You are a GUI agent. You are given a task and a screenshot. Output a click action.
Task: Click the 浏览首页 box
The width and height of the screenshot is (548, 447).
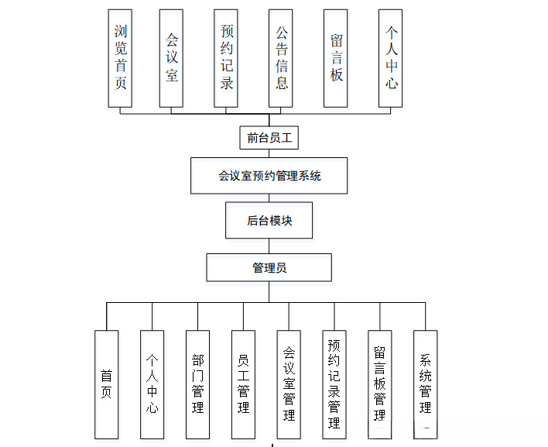coord(121,58)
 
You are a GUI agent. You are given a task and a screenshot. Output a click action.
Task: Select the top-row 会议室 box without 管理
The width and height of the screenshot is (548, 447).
coord(171,58)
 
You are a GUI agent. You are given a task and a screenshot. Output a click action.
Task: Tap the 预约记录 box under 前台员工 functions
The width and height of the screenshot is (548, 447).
coord(227,58)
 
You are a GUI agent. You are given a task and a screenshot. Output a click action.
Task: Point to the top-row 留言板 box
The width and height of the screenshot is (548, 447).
coord(336,58)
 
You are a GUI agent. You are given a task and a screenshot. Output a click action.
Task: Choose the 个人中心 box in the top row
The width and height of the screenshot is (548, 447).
coord(391,58)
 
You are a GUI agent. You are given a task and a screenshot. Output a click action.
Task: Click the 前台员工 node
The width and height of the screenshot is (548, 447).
coord(268,138)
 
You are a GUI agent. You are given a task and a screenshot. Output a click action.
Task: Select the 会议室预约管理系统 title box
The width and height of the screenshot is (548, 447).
coord(269,176)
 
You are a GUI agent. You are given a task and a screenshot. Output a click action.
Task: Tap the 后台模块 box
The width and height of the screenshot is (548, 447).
coord(269,221)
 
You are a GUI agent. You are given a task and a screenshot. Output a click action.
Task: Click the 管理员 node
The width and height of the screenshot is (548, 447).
coord(269,267)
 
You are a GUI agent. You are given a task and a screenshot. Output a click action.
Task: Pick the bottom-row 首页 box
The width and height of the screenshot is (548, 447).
coord(107,384)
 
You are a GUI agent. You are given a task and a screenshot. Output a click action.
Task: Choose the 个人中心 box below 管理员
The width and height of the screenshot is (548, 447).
coord(152,384)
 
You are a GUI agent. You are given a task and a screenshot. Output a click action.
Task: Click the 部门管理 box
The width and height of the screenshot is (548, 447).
coord(198,384)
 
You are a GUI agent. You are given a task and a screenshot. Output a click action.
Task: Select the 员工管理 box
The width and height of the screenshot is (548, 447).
coord(243,384)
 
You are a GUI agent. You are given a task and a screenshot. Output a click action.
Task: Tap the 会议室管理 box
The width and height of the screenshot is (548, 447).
coord(289,384)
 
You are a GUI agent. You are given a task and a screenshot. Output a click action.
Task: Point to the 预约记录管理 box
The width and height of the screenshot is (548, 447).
coord(334,384)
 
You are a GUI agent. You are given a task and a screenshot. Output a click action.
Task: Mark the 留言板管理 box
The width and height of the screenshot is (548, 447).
coord(380,384)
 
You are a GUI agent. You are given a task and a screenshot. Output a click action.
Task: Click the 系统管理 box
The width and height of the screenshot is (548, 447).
coord(426,384)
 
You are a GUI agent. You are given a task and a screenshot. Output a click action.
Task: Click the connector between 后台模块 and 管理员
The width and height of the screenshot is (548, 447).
coord(269,246)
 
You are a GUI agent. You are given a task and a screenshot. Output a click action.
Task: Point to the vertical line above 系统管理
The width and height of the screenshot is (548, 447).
coord(426,316)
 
